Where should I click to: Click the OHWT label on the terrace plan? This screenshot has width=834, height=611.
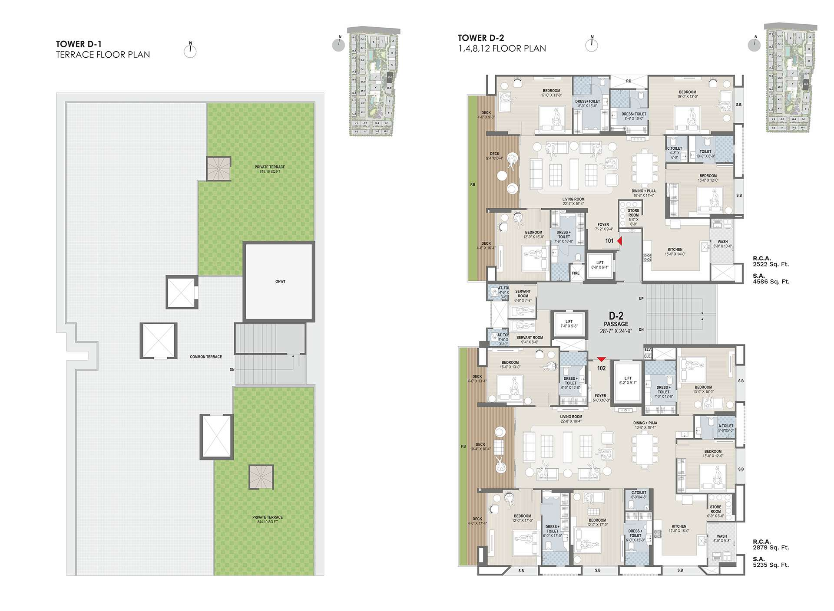280,282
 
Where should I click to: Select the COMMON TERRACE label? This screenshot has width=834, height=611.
206,357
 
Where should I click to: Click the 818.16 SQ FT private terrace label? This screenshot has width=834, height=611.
269,169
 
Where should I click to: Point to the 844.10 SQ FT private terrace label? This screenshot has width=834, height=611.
268,519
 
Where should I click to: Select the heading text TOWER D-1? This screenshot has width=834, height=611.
79,44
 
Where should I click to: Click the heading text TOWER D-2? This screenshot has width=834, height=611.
481,38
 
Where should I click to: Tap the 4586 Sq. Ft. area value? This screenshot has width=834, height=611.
771,282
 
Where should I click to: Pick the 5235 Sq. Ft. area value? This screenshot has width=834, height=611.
771,565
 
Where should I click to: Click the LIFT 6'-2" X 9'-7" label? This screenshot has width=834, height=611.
628,381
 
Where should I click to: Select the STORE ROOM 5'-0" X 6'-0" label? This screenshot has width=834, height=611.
633,217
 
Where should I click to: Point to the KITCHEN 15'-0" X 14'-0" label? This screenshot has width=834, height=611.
675,252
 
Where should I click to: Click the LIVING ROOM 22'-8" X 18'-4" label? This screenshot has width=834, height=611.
571,419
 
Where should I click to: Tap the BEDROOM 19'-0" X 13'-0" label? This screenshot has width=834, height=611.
688,94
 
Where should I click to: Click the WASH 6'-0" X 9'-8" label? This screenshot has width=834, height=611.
721,539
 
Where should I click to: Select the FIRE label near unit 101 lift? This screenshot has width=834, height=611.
576,273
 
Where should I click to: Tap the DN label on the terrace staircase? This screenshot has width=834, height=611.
232,370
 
